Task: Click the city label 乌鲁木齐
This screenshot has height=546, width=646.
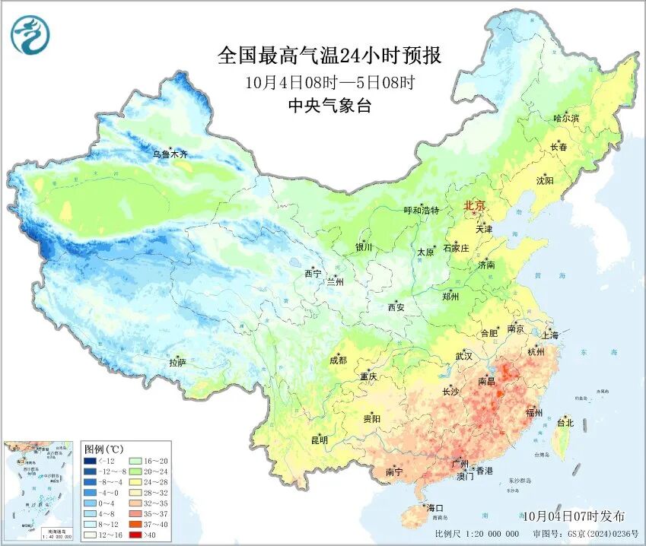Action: point(169,154)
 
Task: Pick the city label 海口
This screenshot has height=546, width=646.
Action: point(435,507)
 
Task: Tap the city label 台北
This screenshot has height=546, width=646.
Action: point(565,423)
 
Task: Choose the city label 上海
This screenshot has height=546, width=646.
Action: point(549,335)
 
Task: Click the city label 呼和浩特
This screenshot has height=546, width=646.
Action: point(421,211)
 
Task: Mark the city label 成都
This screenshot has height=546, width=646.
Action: point(339,360)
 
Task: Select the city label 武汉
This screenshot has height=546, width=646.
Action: point(463,356)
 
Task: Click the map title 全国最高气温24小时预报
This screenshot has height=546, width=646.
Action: point(329,56)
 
